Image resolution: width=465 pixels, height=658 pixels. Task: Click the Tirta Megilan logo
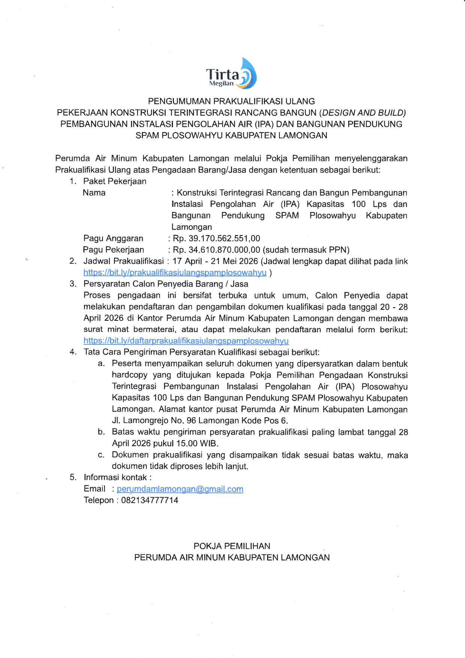pos(231,74)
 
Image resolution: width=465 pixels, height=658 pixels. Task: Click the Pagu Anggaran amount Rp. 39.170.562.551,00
pos(216,239)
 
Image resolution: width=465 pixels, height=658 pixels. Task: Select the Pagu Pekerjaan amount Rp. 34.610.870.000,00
pos(216,250)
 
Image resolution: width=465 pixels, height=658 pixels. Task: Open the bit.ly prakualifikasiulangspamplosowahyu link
pos(175,273)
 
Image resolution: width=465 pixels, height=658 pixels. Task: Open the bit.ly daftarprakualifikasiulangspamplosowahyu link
pos(186,341)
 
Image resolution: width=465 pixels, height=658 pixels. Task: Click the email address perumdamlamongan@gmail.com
pos(180,489)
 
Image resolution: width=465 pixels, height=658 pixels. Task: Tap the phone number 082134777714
pos(150,500)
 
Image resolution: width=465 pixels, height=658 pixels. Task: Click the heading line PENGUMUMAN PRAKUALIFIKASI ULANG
pos(231,101)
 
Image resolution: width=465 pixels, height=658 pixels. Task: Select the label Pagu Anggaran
pos(113,239)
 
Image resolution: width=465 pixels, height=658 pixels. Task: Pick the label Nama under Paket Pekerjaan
pos(94,193)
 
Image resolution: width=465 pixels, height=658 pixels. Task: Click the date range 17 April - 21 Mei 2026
pos(215,261)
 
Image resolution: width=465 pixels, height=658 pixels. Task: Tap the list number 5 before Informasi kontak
pos(73,478)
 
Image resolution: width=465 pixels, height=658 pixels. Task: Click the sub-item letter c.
pos(101,455)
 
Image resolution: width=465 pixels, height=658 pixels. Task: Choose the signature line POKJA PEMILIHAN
pos(232,546)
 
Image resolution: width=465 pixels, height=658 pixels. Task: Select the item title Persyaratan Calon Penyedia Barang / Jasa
pos(166,284)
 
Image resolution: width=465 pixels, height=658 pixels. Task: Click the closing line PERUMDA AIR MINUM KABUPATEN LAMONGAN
pos(232,558)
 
